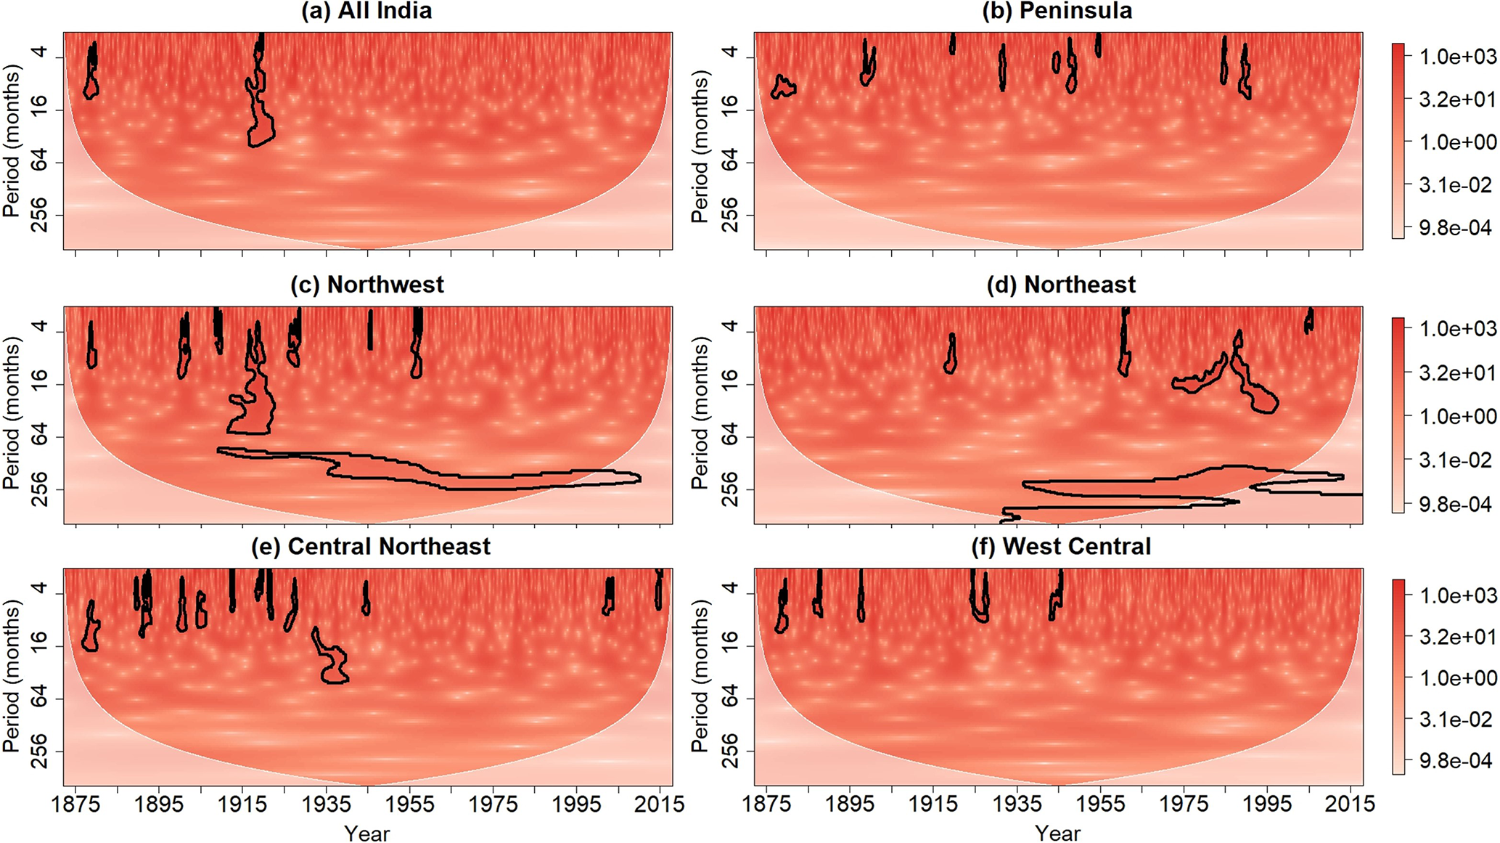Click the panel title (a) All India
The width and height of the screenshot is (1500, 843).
point(366,11)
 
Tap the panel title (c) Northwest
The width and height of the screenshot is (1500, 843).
point(366,285)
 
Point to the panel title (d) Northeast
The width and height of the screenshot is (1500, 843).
point(1061,285)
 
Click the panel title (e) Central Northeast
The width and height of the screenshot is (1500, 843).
point(370,546)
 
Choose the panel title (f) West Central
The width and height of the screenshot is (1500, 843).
point(1061,546)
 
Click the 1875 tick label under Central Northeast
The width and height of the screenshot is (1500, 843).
point(76,804)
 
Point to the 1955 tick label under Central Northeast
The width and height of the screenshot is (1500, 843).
point(410,804)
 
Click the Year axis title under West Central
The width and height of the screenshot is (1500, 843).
point(1057,833)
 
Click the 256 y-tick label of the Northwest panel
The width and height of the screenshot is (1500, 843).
point(38,489)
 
